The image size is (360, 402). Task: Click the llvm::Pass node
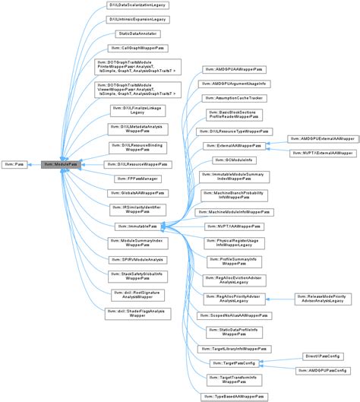coord(15,163)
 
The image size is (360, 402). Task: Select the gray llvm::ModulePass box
coord(62,163)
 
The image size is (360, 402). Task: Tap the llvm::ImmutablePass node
coord(137,226)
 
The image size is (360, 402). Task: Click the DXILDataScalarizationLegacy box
coord(137,5)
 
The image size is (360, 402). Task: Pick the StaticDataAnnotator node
coord(137,34)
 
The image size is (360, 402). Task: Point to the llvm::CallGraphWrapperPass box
coord(137,48)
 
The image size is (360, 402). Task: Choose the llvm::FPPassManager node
coord(137,178)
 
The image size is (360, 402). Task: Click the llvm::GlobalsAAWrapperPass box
coord(137,193)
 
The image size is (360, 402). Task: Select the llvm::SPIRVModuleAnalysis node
coord(137,259)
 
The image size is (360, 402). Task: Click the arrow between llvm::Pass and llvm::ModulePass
coord(36,163)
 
